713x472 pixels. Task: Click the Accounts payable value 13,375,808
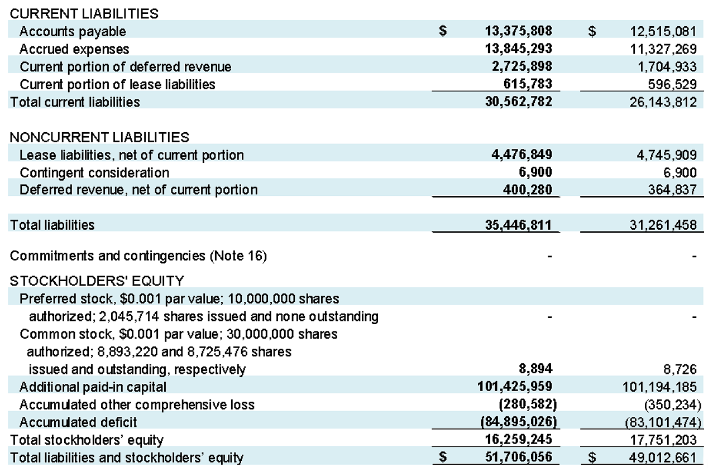point(519,31)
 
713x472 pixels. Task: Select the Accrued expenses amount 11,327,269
point(663,49)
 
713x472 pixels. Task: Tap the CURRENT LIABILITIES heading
point(84,14)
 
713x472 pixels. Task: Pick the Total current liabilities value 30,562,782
point(519,102)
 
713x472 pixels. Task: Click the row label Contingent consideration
point(94,173)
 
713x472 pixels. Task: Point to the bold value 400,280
point(528,190)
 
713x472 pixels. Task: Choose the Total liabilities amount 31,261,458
point(663,225)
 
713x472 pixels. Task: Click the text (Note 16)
point(238,256)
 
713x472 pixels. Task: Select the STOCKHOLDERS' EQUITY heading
point(97,281)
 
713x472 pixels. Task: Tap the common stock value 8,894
point(535,369)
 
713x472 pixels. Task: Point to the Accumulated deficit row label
point(78,422)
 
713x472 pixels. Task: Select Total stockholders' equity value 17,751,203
point(663,440)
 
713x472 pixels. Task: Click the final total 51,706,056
point(519,457)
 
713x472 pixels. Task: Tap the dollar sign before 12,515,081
point(592,31)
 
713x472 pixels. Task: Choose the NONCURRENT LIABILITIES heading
point(99,137)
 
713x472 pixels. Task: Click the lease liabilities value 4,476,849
point(522,155)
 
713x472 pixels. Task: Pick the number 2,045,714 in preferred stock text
point(129,317)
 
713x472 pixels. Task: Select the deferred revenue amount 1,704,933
point(667,67)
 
